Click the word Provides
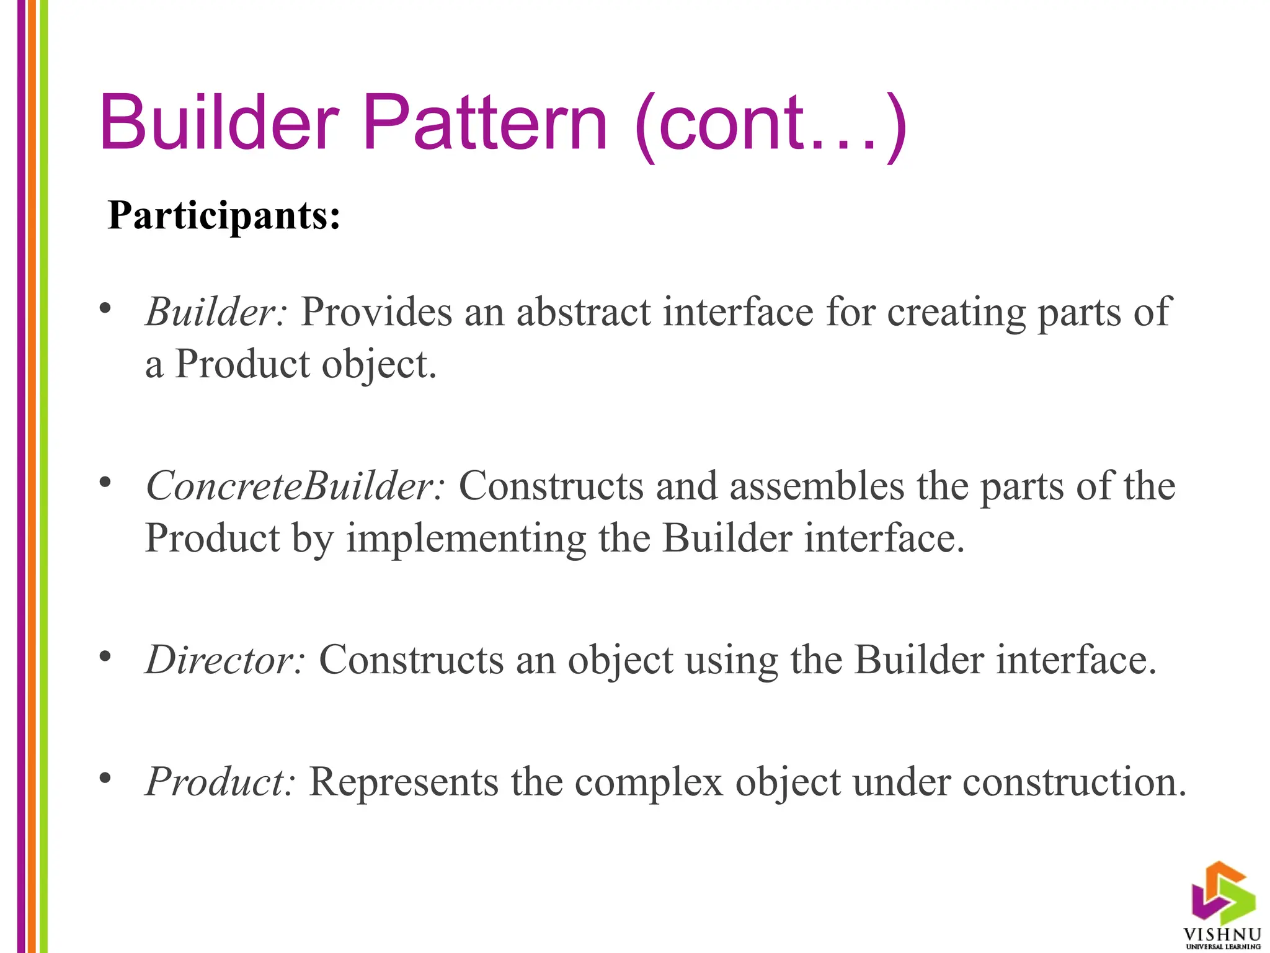coord(376,311)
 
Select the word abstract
coord(584,311)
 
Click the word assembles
coord(817,485)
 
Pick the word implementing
coord(466,539)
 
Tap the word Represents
coord(404,781)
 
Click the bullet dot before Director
coord(105,656)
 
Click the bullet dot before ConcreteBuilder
coord(105,482)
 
